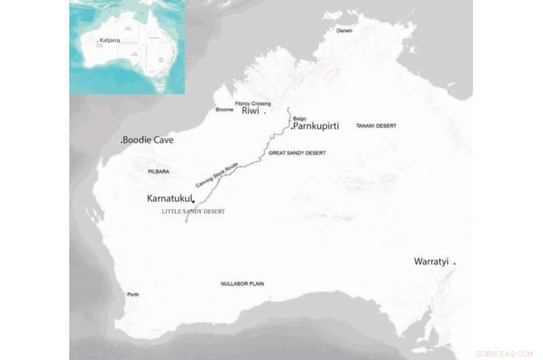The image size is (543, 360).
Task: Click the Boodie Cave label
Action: click(x=148, y=141)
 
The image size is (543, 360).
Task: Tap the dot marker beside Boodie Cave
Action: click(x=121, y=141)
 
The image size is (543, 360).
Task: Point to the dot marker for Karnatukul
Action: click(x=194, y=200)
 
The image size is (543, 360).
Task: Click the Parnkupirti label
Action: click(x=316, y=126)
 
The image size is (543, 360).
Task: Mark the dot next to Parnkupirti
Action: click(x=292, y=127)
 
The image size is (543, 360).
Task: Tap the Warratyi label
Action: click(x=432, y=262)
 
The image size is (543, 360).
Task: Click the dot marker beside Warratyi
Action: click(x=454, y=262)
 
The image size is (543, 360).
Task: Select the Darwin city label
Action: click(x=346, y=31)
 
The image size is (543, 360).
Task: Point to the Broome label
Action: click(x=224, y=109)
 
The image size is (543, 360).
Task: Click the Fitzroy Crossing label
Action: click(x=252, y=103)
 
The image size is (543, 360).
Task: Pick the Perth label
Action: click(x=133, y=295)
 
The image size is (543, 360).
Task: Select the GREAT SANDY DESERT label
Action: click(x=297, y=154)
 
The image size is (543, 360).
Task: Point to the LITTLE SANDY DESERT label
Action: click(x=193, y=212)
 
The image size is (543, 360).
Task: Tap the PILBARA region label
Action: click(x=157, y=172)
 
